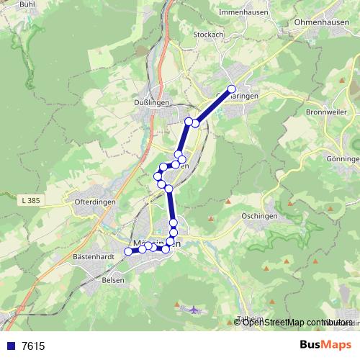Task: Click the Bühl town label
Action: [x=27, y=4]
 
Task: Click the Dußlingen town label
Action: [x=151, y=103]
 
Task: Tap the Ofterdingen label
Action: [x=95, y=203]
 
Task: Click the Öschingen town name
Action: [x=260, y=216]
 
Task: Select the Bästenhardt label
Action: [x=94, y=256]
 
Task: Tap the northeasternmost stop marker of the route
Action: [x=232, y=89]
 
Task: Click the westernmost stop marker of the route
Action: [x=128, y=251]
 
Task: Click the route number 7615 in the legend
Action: [x=33, y=346]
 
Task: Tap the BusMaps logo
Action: [x=325, y=345]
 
